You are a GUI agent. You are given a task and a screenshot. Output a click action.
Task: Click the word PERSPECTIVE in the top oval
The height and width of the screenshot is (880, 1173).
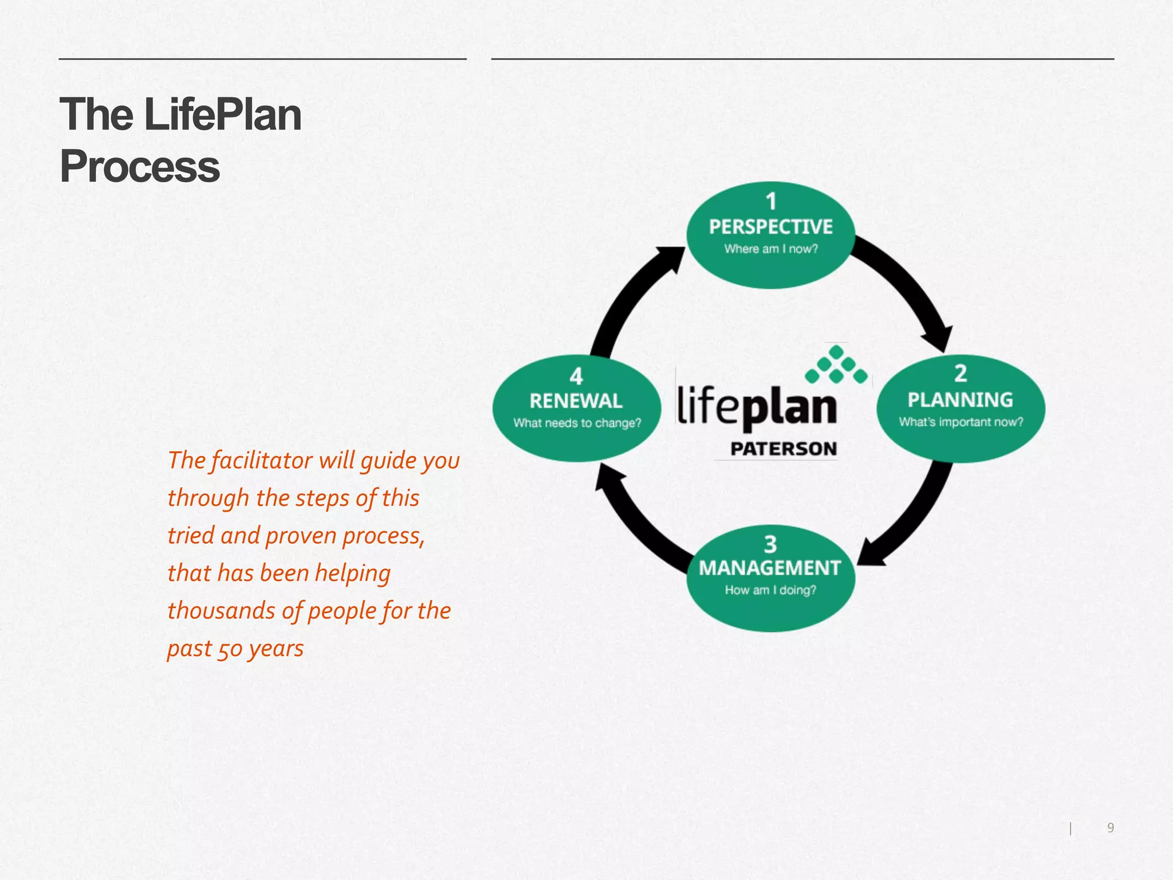[770, 227]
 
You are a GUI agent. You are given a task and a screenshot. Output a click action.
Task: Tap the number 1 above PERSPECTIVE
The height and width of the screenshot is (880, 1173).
[771, 202]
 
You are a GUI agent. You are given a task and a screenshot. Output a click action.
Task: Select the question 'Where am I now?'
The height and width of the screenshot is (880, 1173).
[771, 249]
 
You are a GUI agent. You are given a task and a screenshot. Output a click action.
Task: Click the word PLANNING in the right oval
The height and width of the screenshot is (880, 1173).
[960, 400]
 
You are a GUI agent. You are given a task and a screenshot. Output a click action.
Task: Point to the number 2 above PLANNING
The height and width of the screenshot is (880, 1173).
[961, 374]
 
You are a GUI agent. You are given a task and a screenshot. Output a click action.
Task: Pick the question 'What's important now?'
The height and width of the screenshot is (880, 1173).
[961, 422]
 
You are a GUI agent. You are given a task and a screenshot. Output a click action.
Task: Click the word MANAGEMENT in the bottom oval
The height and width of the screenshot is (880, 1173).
[770, 568]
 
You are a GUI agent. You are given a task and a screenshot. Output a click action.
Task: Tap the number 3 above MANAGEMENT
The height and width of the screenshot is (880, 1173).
[770, 544]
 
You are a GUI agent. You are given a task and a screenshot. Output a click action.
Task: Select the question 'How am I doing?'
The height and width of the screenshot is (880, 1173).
[770, 590]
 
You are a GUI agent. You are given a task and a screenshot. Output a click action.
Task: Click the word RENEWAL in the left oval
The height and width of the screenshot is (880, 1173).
[576, 401]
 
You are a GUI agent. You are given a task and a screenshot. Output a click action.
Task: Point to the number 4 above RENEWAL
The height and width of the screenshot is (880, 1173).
[576, 376]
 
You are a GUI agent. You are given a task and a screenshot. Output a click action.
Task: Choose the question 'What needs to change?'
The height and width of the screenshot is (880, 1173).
[577, 423]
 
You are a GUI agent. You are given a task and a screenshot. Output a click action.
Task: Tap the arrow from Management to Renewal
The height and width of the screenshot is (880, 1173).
[636, 521]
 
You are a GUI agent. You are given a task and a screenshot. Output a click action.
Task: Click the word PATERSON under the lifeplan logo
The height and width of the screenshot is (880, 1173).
[784, 449]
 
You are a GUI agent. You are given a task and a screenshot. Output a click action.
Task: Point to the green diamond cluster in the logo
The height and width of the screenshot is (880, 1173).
[836, 364]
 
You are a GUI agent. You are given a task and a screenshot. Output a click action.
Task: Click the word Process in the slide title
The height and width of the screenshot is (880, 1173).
[140, 167]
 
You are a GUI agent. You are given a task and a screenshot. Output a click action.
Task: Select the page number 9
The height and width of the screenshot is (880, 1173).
[1111, 827]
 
